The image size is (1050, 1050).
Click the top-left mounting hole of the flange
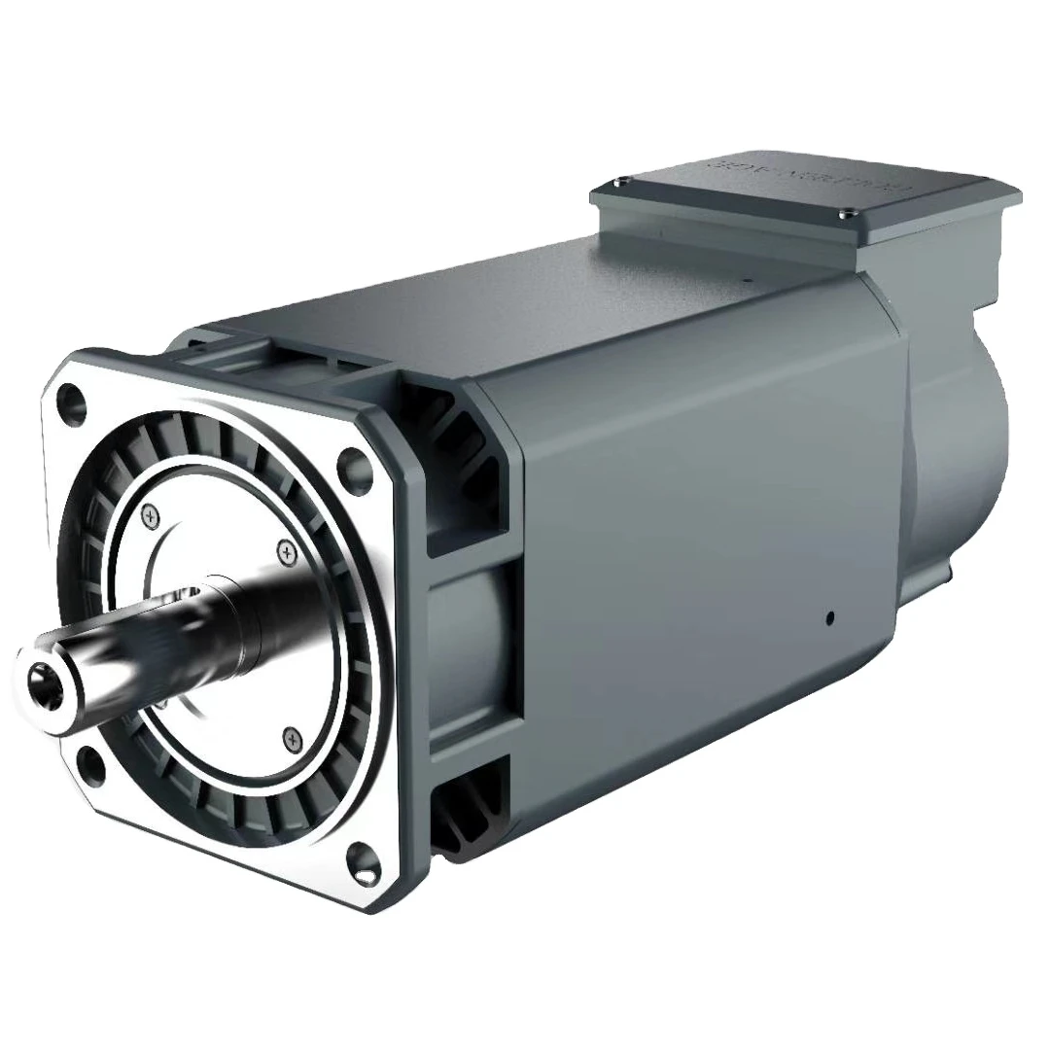[x=71, y=398]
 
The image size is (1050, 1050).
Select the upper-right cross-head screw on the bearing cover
[x=286, y=552]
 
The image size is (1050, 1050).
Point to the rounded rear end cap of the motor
[x=958, y=428]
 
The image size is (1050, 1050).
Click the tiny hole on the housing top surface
[x=750, y=279]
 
